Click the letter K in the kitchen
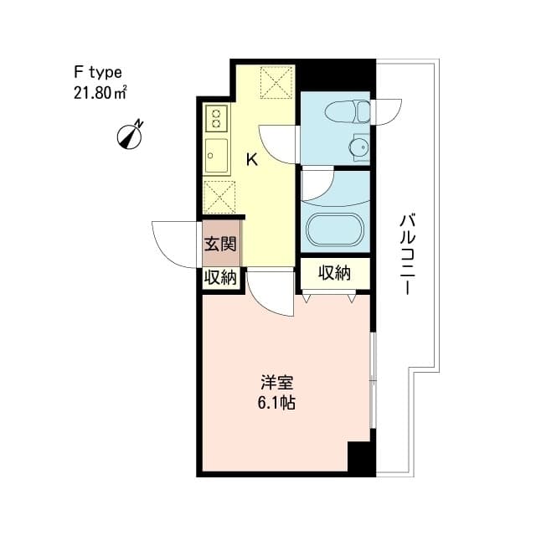[x=250, y=160]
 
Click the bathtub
[x=334, y=231]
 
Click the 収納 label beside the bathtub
[x=333, y=272]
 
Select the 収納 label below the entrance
[x=219, y=278]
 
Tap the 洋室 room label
[x=277, y=384]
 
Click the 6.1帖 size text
[x=277, y=403]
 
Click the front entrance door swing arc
[x=173, y=244]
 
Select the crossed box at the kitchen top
[x=274, y=82]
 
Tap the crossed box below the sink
[x=219, y=198]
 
